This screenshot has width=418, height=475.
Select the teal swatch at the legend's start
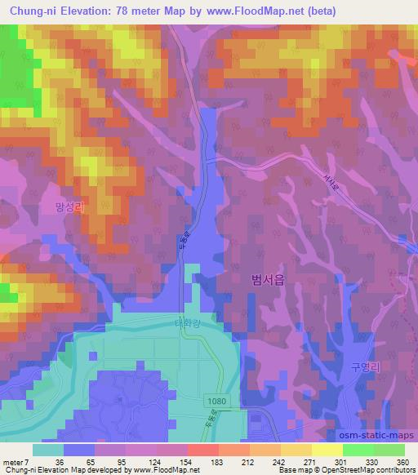[x=48, y=449]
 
